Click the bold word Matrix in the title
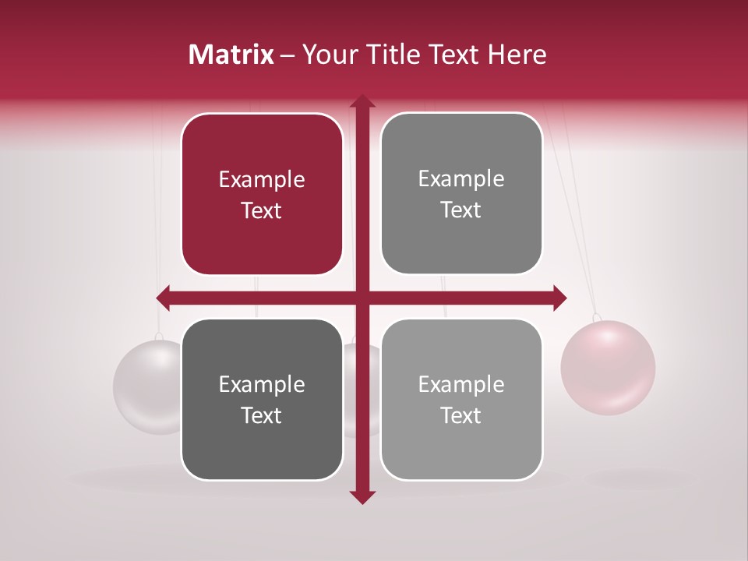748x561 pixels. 231,55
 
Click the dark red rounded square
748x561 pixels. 262,194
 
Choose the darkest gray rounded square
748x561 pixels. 262,399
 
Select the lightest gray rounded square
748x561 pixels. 461,399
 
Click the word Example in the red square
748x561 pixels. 262,179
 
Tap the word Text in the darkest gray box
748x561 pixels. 262,415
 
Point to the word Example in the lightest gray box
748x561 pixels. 461,384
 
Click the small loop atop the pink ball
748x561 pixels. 597,318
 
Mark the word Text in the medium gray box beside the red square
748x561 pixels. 461,210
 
